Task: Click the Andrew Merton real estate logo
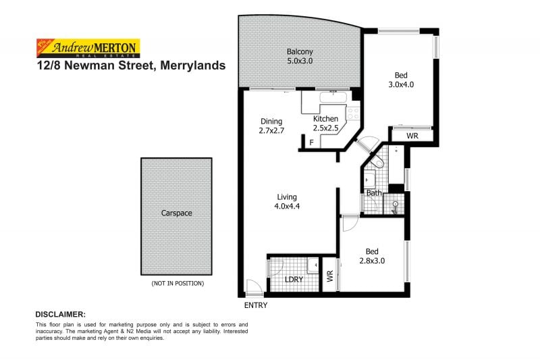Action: click(x=87, y=48)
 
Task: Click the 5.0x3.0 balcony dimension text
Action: click(x=300, y=61)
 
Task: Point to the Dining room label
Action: click(x=271, y=122)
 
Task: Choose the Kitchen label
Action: click(x=325, y=119)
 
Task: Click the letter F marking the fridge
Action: click(x=311, y=143)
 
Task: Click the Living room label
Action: click(x=287, y=197)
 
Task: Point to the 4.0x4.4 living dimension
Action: click(x=287, y=207)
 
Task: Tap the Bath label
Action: click(x=374, y=193)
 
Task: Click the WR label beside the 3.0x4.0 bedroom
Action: click(x=412, y=136)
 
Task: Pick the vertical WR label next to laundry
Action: click(x=330, y=276)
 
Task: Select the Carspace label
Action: click(x=176, y=213)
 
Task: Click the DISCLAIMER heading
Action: click(x=60, y=315)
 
